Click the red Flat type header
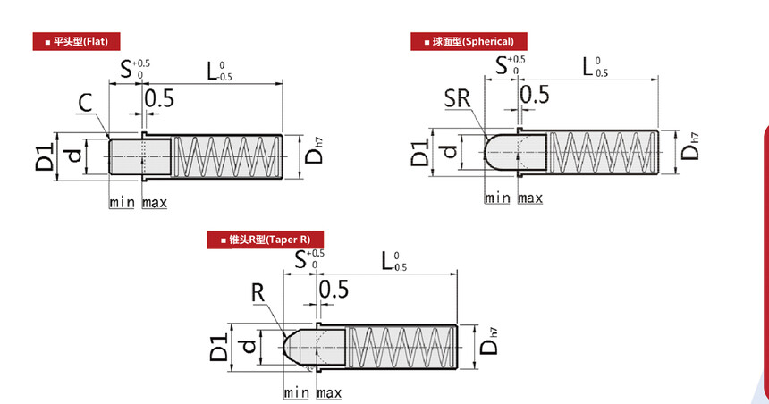pos(77,42)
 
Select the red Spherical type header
pos(469,42)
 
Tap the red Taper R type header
pos(266,240)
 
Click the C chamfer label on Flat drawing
pos(85,103)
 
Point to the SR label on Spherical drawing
pos(458,98)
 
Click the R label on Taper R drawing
pos(258,292)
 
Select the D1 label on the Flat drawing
pos(45,156)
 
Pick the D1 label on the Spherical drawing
pos(420,152)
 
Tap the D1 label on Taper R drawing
pos(219,347)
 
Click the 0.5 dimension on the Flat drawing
pos(159,98)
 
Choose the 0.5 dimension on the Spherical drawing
pos(535,94)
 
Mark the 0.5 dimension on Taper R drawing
pos(334,289)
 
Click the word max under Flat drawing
pos(155,203)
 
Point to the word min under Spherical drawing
pos(497,198)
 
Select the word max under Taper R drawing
pos(329,392)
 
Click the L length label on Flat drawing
pos(219,72)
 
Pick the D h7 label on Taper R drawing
pos(489,341)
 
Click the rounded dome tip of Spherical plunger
pos(486,152)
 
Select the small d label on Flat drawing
pos(74,156)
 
